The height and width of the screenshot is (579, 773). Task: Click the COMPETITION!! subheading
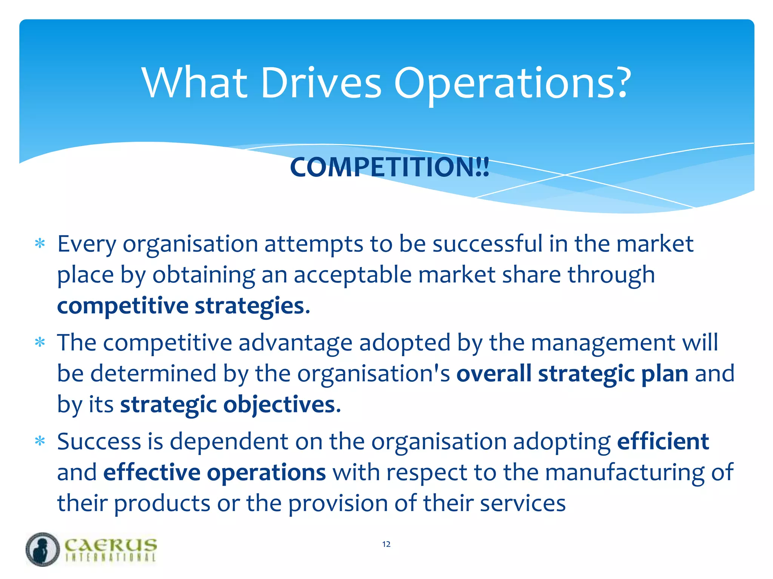coord(390,167)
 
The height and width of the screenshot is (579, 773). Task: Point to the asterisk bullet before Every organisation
coord(40,244)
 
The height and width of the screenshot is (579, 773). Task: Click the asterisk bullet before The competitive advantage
coord(40,343)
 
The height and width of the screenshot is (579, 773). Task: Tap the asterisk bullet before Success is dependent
coord(40,441)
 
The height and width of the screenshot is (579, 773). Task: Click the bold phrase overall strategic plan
coord(572,374)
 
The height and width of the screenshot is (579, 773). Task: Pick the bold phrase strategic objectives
coord(228,404)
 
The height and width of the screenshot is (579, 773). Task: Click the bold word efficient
coord(663,441)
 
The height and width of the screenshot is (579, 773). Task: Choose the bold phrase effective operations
coord(214,472)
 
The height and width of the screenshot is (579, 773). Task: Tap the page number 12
coord(386,544)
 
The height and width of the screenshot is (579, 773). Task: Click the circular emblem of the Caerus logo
coord(43,549)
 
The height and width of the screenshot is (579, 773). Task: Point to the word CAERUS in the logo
coord(111,545)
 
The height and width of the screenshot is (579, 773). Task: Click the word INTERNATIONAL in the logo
coord(111,558)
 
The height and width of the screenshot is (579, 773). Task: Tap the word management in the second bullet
coord(603,343)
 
